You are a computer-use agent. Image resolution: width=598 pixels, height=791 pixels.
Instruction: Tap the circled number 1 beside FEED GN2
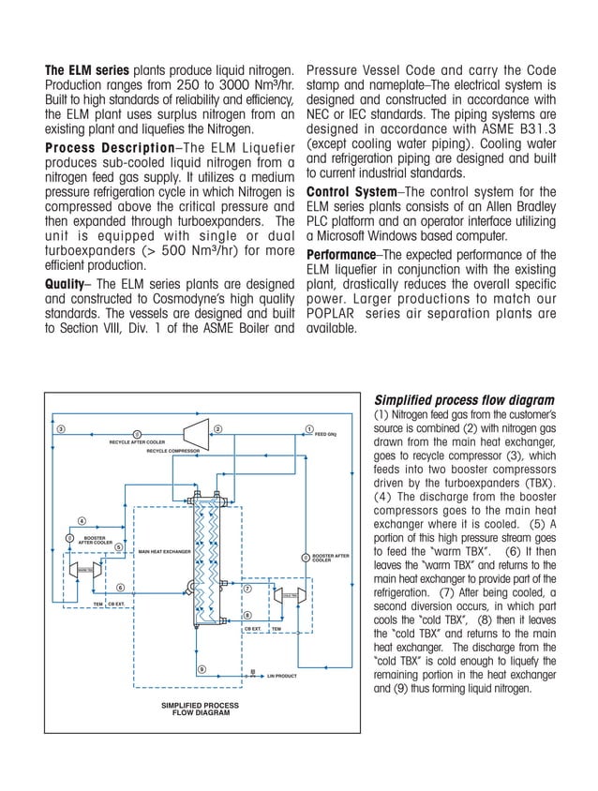[308, 429]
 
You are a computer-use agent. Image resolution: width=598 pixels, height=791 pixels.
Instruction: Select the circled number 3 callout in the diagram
[61, 429]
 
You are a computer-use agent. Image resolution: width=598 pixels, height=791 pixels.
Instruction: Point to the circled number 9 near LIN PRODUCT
[201, 667]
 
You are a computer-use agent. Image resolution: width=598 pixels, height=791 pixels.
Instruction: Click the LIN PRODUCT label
[281, 676]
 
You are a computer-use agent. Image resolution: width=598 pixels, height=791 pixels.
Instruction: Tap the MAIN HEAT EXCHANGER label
[164, 552]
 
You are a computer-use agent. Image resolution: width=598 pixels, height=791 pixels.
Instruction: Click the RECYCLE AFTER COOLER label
[137, 441]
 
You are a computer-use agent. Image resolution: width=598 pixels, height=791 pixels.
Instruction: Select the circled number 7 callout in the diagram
[247, 590]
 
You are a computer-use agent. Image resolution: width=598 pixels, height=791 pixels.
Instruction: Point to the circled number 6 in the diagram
[120, 587]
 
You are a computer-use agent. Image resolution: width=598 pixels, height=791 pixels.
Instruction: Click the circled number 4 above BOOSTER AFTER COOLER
[82, 520]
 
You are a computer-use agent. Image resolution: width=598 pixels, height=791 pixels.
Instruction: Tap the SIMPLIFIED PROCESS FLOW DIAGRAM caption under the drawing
[200, 708]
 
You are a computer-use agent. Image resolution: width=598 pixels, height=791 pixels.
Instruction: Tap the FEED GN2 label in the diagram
[325, 435]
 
